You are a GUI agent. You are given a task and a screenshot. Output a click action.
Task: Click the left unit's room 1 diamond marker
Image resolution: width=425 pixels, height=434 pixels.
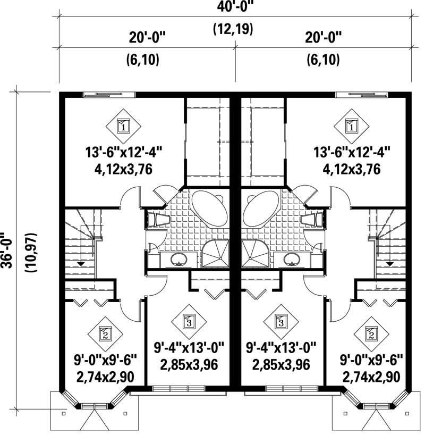(123, 127)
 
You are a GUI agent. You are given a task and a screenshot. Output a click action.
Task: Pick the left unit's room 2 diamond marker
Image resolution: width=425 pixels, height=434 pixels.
(105, 335)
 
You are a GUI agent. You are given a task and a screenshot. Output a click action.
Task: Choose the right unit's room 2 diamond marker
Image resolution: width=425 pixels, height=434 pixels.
(369, 335)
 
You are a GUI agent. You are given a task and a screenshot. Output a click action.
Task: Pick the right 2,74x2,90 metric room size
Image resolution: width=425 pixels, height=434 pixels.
(370, 378)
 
